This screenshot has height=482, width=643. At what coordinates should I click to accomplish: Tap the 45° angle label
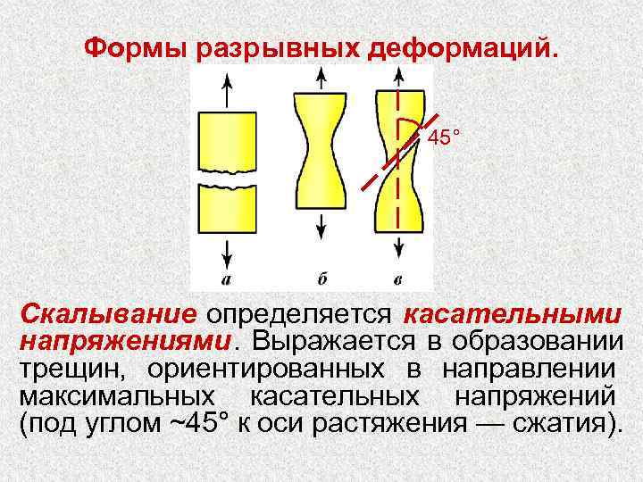pyautogui.click(x=444, y=138)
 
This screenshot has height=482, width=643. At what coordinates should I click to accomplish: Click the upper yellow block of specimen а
pyautogui.click(x=230, y=138)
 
